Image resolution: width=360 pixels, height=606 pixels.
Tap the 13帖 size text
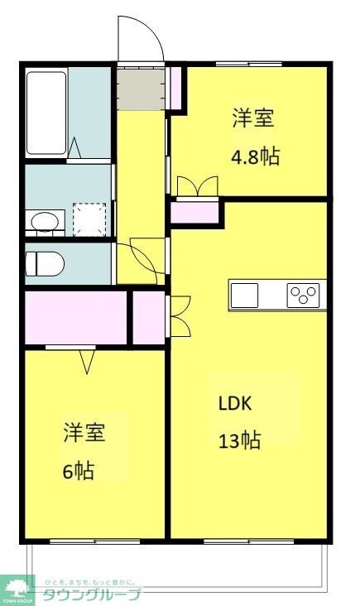pyautogui.click(x=240, y=440)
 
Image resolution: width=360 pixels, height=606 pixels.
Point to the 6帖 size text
pyautogui.click(x=78, y=471)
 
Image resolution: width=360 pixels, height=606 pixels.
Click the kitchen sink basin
pyautogui.click(x=245, y=294)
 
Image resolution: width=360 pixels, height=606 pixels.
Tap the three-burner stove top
pyautogui.click(x=305, y=294)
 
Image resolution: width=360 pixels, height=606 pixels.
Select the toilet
pyautogui.click(x=44, y=263)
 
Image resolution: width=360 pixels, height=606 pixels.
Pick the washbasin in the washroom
pyautogui.click(x=45, y=221)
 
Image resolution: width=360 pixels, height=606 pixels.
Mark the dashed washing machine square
pyautogui.click(x=89, y=219)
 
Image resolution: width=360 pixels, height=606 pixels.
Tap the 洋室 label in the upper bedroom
pyautogui.click(x=253, y=119)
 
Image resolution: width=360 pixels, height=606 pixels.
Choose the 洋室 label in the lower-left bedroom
pyautogui.click(x=83, y=433)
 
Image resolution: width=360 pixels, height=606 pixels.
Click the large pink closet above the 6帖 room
pyautogui.click(x=75, y=317)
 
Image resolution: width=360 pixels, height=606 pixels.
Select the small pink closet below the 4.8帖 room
pyautogui.click(x=197, y=212)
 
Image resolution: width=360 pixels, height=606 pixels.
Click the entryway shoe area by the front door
pyautogui.click(x=140, y=88)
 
